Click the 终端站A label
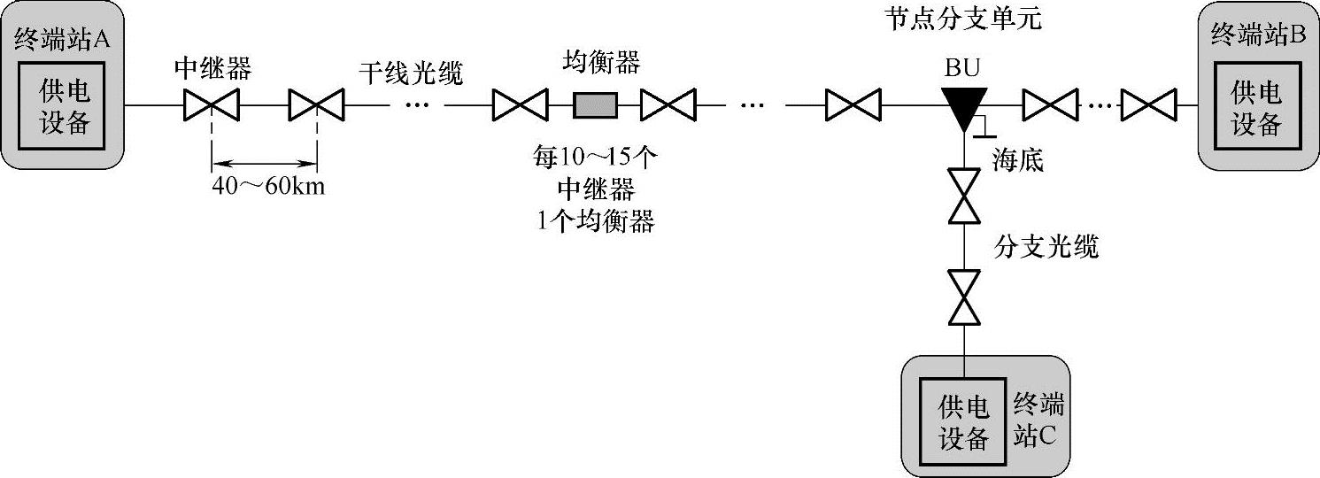click(67, 39)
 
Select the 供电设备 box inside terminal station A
click(65, 106)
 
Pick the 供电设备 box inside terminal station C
click(963, 422)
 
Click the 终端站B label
click(1257, 35)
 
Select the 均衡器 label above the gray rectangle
click(601, 63)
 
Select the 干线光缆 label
click(411, 72)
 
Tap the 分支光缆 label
click(1046, 247)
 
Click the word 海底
click(1018, 160)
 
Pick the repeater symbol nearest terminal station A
click(212, 106)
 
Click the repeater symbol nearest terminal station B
click(1148, 106)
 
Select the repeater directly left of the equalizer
click(520, 106)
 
